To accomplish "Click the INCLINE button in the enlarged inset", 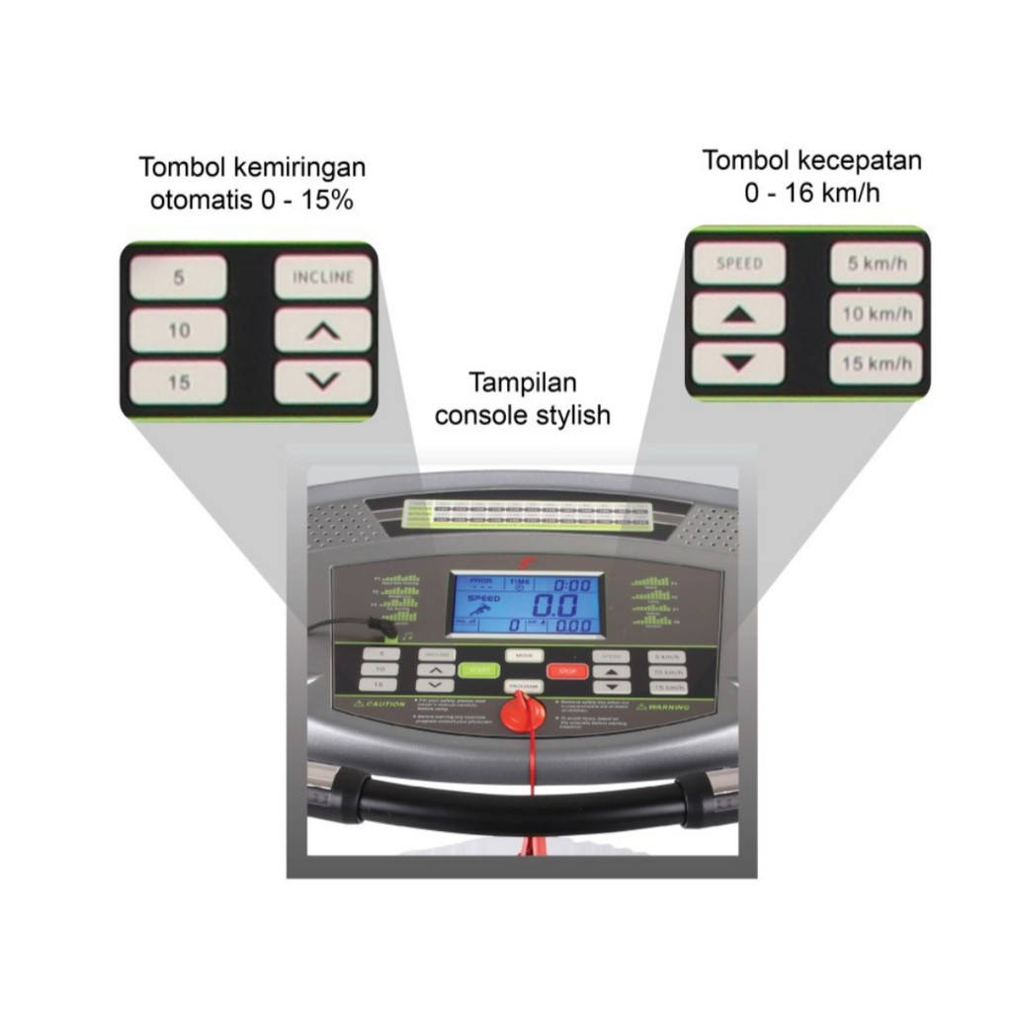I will pyautogui.click(x=322, y=278).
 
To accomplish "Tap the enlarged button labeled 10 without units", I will pyautogui.click(x=179, y=331).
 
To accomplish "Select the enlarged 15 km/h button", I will pyautogui.click(x=876, y=364).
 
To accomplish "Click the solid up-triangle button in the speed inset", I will pyautogui.click(x=738, y=314).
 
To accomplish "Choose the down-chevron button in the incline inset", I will pyautogui.click(x=322, y=380).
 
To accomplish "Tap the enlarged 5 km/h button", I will pyautogui.click(x=876, y=264).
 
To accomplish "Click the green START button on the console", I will pyautogui.click(x=479, y=670).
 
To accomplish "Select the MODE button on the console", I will pyautogui.click(x=524, y=655).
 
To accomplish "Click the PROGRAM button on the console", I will pyautogui.click(x=524, y=685).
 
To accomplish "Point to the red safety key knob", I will pyautogui.click(x=522, y=712).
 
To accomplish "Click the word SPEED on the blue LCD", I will pyautogui.click(x=484, y=599).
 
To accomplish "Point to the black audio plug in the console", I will pyautogui.click(x=379, y=627).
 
